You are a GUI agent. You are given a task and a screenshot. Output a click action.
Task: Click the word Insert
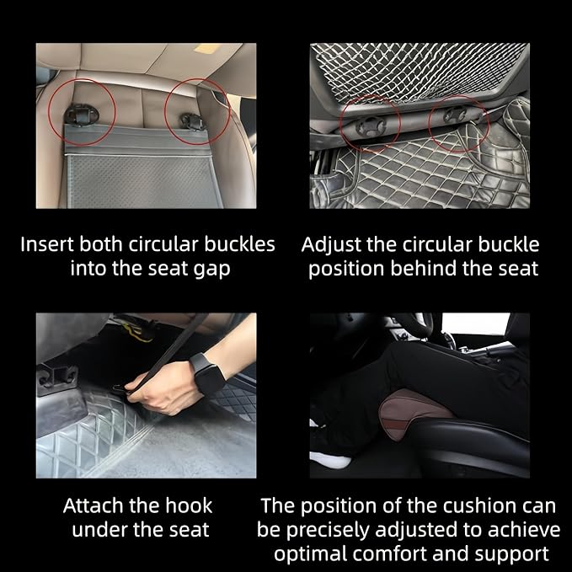tap(47, 245)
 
